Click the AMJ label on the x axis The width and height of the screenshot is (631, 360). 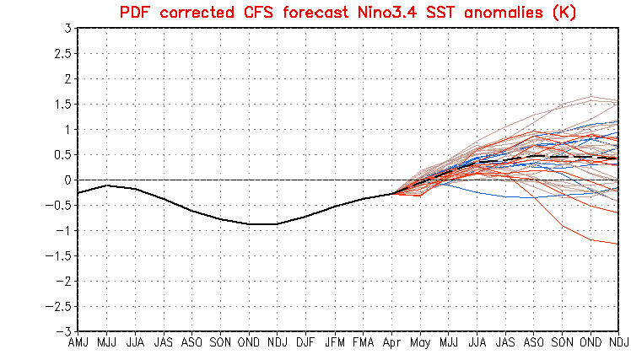click(78, 343)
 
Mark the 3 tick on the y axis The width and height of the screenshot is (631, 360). click(67, 28)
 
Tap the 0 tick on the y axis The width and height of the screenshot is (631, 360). click(67, 180)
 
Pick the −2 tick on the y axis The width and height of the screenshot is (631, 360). click(63, 281)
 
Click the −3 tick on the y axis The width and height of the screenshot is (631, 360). click(63, 331)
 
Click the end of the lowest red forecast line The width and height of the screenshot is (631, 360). click(618, 244)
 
